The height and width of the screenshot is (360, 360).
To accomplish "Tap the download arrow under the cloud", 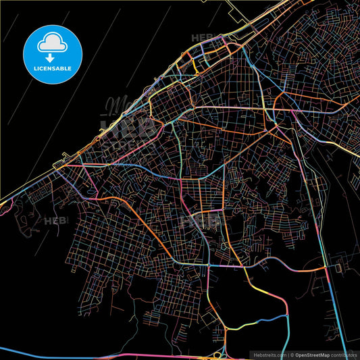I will point(51,57).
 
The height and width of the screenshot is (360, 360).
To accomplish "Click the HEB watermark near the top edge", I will point(202,38).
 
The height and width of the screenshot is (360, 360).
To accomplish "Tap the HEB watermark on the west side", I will point(53,220).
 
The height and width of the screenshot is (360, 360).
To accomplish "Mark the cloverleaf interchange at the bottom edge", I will point(217,354).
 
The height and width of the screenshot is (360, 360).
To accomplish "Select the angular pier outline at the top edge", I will point(240,12).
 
